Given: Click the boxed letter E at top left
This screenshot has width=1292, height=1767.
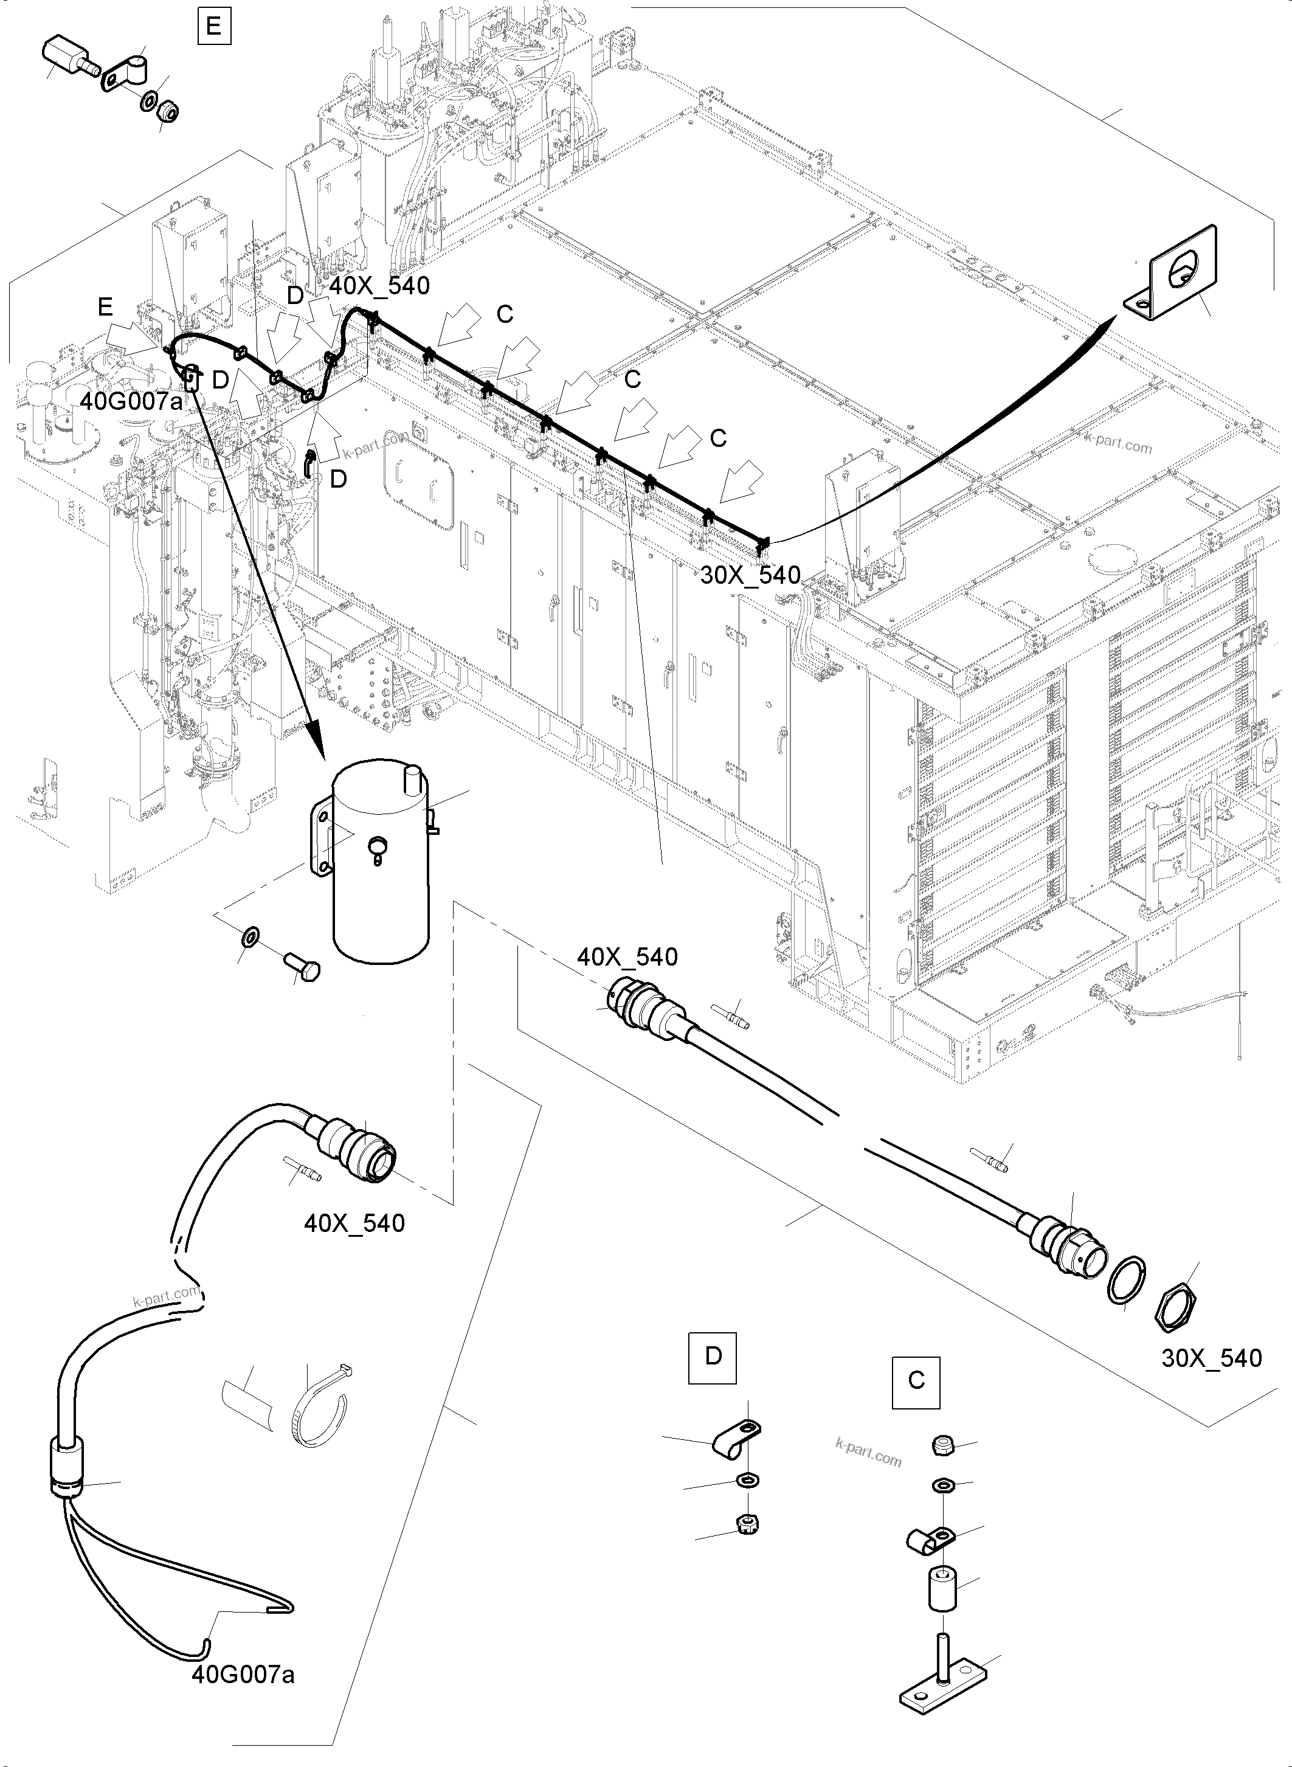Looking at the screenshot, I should (213, 27).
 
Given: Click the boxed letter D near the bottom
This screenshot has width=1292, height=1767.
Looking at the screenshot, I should (713, 1355).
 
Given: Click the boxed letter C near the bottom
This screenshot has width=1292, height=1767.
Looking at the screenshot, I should (916, 1381).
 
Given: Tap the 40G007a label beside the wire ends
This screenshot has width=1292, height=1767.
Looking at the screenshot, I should (243, 1675).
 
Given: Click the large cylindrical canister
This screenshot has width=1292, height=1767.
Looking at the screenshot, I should (382, 860).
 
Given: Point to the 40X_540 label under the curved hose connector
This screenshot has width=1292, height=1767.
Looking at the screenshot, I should (354, 1223).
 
